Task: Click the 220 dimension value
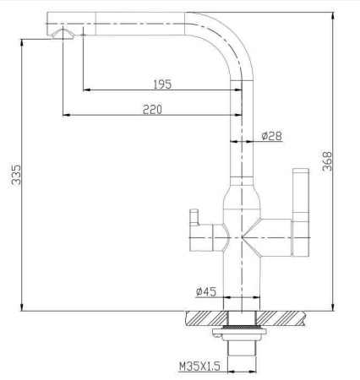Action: [152, 108]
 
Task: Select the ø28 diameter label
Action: [271, 135]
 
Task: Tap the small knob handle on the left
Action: [190, 228]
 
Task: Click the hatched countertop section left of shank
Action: [205, 318]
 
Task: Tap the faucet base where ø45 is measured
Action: [244, 287]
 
